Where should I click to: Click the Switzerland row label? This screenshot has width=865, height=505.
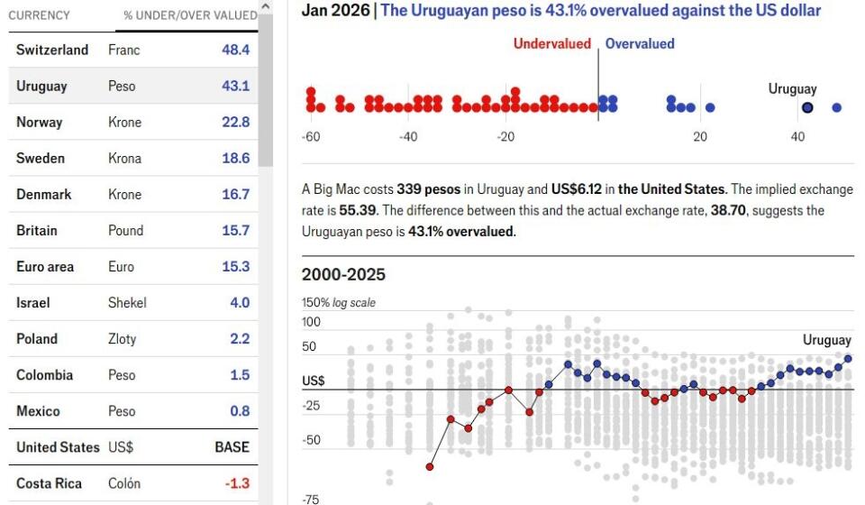pyautogui.click(x=52, y=50)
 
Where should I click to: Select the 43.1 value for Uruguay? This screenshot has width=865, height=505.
pyautogui.click(x=235, y=87)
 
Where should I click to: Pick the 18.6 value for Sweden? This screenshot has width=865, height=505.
pyautogui.click(x=235, y=159)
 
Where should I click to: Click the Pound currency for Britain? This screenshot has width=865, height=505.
pyautogui.click(x=125, y=231)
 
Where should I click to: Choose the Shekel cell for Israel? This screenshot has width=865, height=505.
pyautogui.click(x=126, y=303)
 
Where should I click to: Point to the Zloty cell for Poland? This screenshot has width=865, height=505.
pyautogui.click(x=123, y=339)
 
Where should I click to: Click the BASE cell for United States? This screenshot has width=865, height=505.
pyautogui.click(x=232, y=447)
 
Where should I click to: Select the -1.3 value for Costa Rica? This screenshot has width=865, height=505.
pyautogui.click(x=236, y=483)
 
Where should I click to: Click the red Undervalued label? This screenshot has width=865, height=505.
pyautogui.click(x=552, y=43)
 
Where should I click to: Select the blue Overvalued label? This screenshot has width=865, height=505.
pyautogui.click(x=640, y=43)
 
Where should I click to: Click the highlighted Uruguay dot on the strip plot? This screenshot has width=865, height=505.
pyautogui.click(x=807, y=107)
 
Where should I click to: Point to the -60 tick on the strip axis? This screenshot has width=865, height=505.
pyautogui.click(x=311, y=137)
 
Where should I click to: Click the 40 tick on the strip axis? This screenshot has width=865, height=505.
pyautogui.click(x=797, y=137)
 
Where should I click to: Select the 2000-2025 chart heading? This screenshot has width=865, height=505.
pyautogui.click(x=343, y=275)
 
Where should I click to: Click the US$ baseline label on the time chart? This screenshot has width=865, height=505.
pyautogui.click(x=314, y=381)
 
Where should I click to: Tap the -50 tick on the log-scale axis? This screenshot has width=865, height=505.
pyautogui.click(x=312, y=440)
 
